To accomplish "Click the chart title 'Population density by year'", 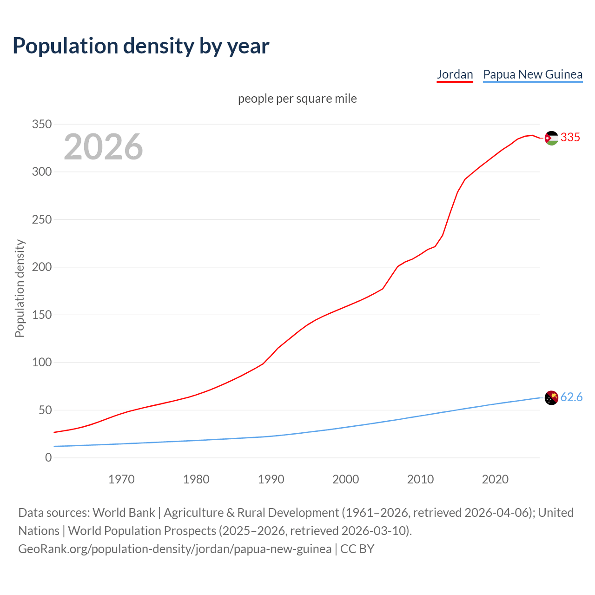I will (141, 46).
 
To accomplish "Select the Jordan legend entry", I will (455, 74).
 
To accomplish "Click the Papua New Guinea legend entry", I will (533, 74).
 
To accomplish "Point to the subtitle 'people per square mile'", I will (297, 99).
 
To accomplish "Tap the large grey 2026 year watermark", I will (103, 147).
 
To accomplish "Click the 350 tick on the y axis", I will (42, 124).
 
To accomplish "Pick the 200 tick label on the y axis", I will (42, 267).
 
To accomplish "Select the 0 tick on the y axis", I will (48, 458).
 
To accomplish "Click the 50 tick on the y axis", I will (45, 410).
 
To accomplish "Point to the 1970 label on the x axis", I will (121, 479).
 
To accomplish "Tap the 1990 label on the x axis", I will (271, 479).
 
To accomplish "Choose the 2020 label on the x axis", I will (495, 479).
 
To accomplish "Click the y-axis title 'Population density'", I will (20, 288).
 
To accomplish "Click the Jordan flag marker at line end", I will (551, 138).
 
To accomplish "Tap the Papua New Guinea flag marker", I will (551, 398).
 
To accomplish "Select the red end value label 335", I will (570, 137).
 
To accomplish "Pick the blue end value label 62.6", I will (571, 397).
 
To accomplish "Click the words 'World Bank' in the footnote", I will (124, 513).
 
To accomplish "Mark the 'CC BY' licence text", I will (357, 549).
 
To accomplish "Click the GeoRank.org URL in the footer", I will (175, 549).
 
